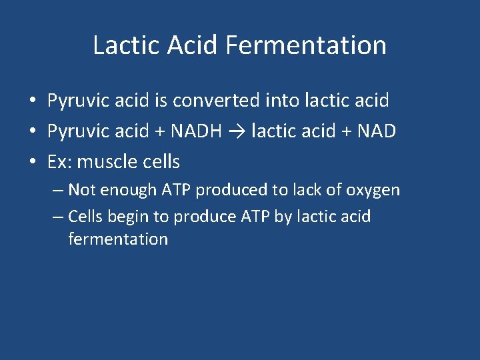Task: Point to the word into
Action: pos(283,101)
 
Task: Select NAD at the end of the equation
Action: pos(377,131)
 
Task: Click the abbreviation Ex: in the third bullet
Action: pos(59,162)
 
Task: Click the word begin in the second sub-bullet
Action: pos(129,217)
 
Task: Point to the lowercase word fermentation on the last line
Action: pos(118,239)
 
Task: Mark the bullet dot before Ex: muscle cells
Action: pos(32,162)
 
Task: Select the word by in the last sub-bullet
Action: pos(283,217)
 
